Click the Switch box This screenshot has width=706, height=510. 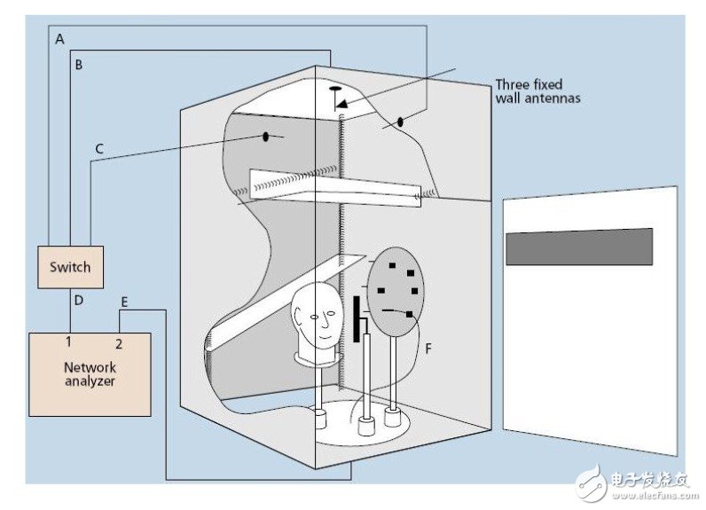click(71, 267)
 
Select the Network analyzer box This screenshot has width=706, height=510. click(90, 374)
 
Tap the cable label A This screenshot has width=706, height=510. click(60, 40)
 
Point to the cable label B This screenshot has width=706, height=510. click(79, 65)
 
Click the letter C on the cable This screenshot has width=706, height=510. click(99, 148)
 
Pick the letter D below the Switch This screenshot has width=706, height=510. click(79, 301)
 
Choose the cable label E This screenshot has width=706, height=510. click(124, 302)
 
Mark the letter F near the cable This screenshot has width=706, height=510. click(428, 348)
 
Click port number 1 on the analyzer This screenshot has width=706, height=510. click(68, 341)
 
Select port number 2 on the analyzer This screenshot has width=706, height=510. click(119, 344)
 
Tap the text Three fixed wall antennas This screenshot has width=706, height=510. click(538, 91)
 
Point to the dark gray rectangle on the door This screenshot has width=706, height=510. click(579, 247)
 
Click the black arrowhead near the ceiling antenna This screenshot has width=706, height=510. click(342, 104)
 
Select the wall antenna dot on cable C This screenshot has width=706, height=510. click(266, 136)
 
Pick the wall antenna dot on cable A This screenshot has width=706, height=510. click(400, 122)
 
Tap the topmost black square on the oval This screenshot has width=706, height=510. click(392, 265)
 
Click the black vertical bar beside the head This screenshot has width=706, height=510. click(357, 319)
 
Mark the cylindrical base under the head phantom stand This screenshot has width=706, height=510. click(320, 419)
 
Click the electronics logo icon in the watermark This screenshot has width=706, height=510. click(592, 483)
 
